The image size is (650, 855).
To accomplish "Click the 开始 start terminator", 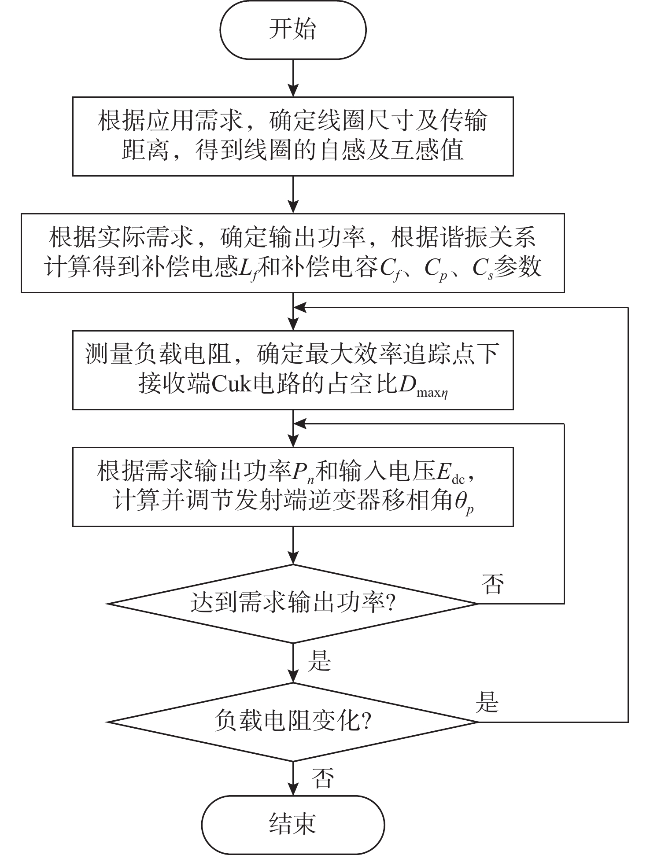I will click(293, 30).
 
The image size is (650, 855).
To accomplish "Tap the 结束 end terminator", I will click(293, 824).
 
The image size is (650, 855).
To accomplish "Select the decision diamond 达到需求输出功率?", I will click(293, 603).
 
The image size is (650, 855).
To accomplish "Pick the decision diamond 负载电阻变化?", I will click(293, 722).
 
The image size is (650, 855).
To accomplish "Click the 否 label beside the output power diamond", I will click(492, 584).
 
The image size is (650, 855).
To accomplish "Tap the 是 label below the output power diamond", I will click(319, 660).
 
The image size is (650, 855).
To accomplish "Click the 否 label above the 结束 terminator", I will click(322, 777).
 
